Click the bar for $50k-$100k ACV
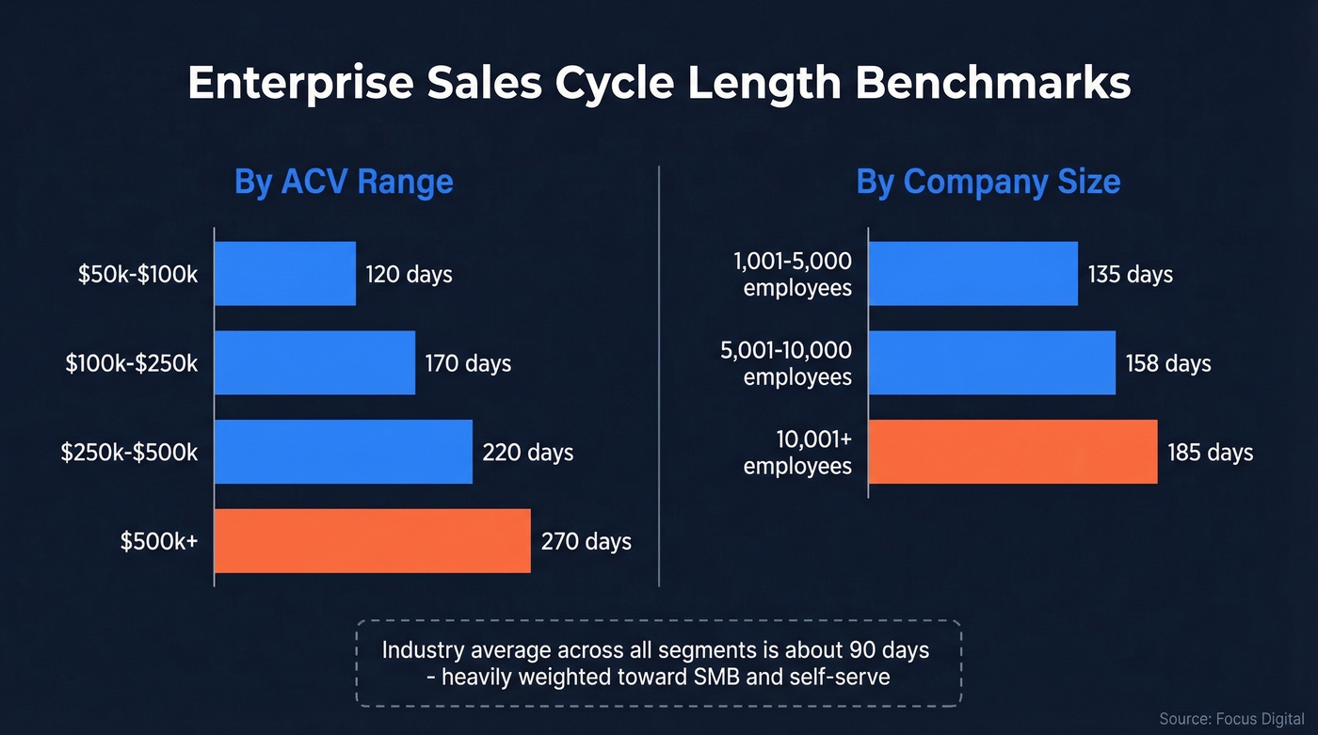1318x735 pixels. point(285,274)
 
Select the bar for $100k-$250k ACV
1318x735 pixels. point(314,362)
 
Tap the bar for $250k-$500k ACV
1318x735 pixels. point(344,452)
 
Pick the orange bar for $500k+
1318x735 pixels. point(373,541)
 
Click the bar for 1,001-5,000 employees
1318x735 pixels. point(972,274)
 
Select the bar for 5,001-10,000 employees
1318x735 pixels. point(991,362)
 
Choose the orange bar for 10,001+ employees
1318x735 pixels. point(1012,452)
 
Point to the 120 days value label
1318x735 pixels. point(410,275)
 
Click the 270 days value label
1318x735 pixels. point(586,542)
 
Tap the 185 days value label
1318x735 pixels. point(1210,453)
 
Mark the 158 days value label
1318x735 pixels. point(1168,363)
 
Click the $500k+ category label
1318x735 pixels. point(159,542)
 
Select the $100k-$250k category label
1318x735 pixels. point(132,363)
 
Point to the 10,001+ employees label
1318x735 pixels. point(797,453)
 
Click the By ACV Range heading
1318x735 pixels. point(344,182)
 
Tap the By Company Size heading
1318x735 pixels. point(988,182)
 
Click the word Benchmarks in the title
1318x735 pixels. point(992,84)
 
